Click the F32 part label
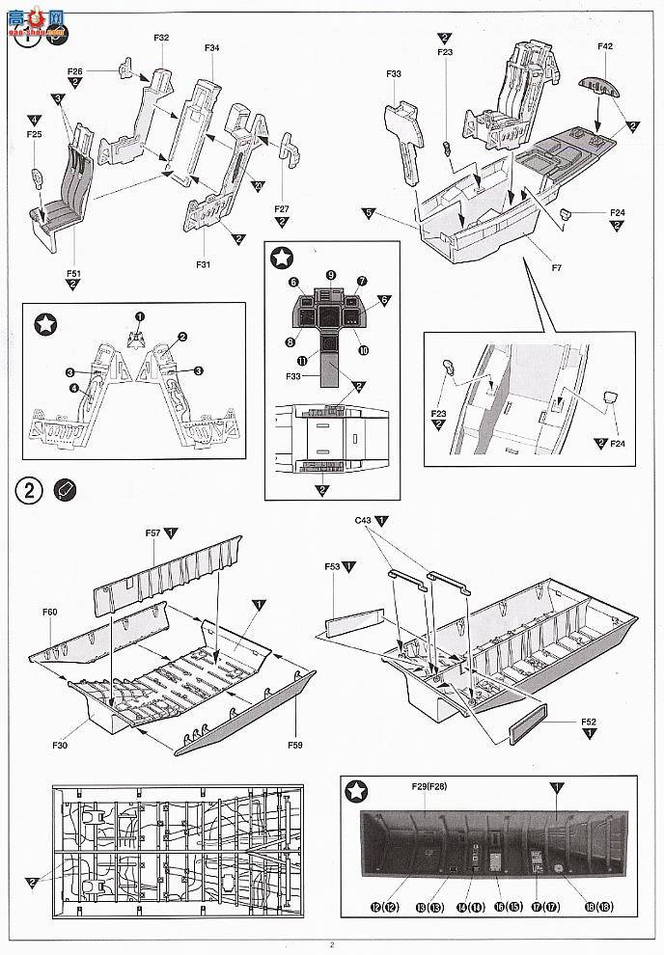pos(161,38)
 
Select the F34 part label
pos(212,47)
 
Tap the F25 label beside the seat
pos(35,135)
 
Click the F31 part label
pos(203,263)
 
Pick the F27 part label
pos(282,208)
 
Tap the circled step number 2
pos(30,489)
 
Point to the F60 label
pos(50,613)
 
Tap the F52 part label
pos(589,721)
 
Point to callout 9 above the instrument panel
pos(330,275)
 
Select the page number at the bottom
pos(331,944)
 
